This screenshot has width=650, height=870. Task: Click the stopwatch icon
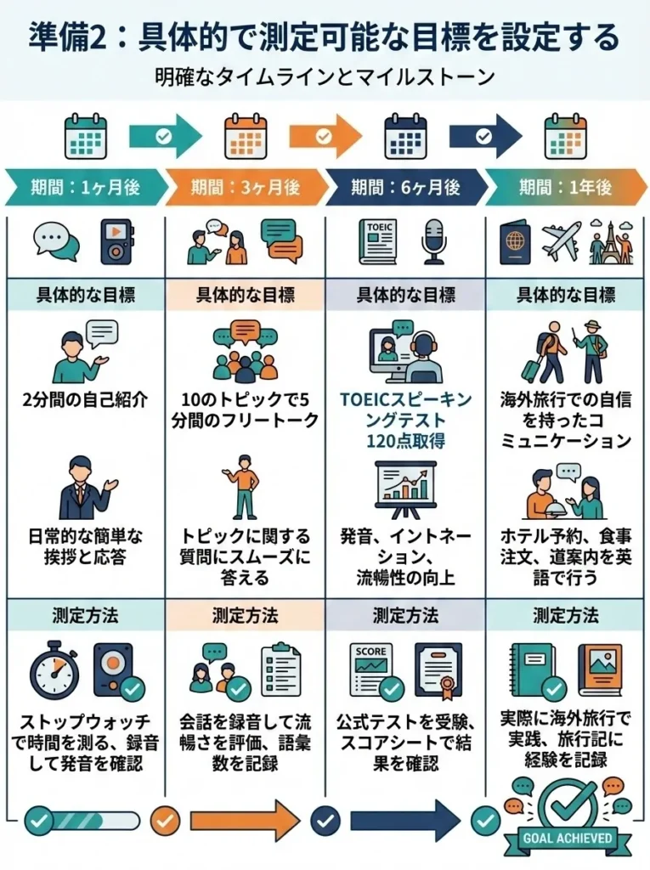tap(54, 670)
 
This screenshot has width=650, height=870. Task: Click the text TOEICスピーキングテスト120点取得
tap(405, 419)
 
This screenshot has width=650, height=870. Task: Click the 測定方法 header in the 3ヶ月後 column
tap(246, 614)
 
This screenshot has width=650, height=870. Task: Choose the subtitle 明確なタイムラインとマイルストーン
tap(325, 76)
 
